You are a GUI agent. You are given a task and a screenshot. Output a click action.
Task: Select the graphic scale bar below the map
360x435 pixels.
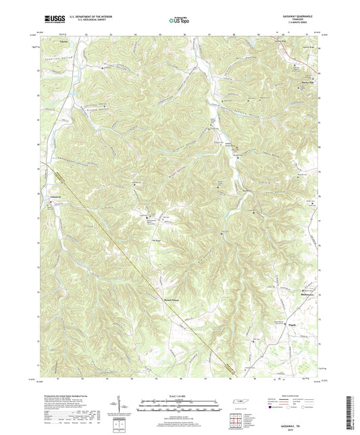pyautogui.click(x=180, y=407)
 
